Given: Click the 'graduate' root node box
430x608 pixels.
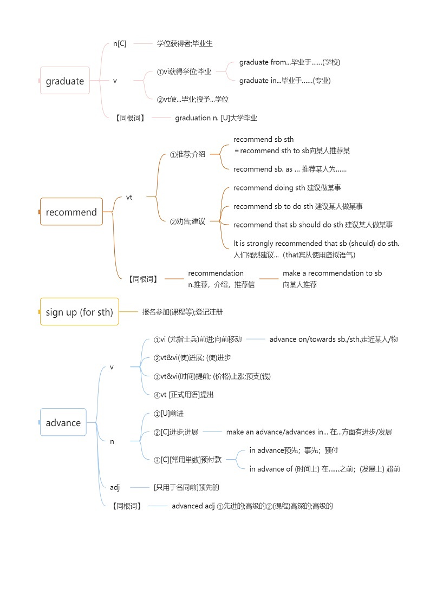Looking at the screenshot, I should (x=65, y=81).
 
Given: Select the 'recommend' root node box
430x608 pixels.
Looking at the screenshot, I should (x=71, y=212).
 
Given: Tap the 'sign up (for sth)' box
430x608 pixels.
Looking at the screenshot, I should (x=79, y=312).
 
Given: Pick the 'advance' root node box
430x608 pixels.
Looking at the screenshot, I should (x=63, y=423).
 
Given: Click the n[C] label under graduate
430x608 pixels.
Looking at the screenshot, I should (x=120, y=44).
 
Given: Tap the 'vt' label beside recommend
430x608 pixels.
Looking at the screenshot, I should (x=129, y=197).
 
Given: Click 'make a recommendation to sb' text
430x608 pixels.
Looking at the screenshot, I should (x=332, y=273).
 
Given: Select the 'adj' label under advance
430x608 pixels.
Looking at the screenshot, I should (x=115, y=487).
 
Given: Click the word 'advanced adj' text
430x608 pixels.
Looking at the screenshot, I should (x=193, y=506).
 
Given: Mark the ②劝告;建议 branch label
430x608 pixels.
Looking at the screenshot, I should (x=187, y=221).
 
